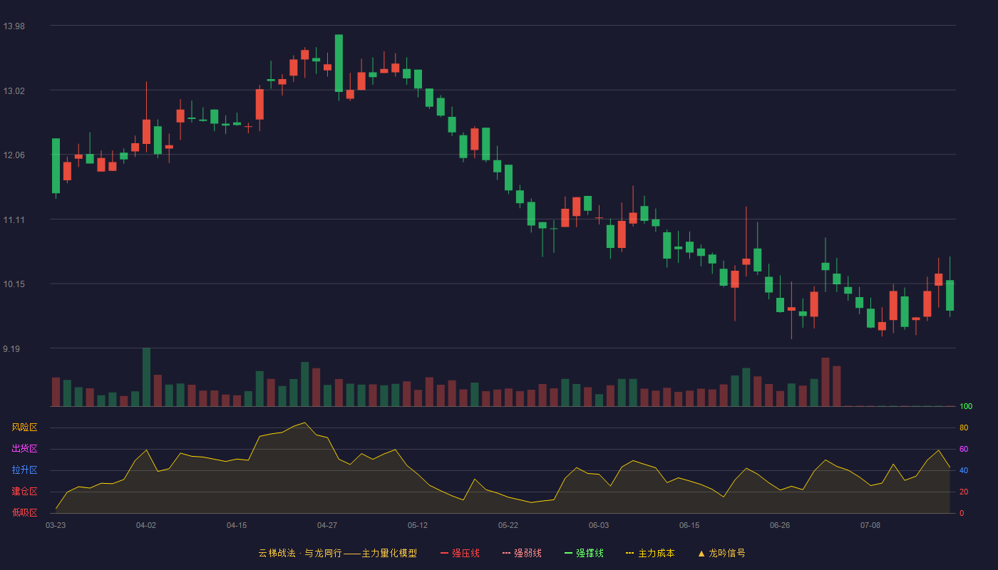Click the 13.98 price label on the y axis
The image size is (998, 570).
pos(14,26)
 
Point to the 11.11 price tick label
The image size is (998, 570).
pos(14,220)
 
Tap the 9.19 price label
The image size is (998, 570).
pos(11,348)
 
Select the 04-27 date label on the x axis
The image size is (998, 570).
pos(327,526)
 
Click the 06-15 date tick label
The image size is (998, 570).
pos(689,526)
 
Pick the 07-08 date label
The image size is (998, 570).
pos(870,526)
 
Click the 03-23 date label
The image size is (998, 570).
pos(56,526)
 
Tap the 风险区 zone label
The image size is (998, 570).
pos(24,427)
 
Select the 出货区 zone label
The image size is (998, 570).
pos(24,448)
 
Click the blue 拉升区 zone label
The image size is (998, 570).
pos(24,470)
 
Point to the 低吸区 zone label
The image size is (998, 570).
pos(24,512)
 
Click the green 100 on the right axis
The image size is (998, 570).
pos(966,406)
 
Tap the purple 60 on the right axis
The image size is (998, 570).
pos(964,449)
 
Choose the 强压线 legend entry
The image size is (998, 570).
pos(460,553)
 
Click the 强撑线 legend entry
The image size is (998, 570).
pos(584,553)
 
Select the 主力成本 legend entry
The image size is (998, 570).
pos(650,553)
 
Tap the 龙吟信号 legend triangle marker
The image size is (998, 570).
pos(701,554)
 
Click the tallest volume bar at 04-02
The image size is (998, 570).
pos(146,377)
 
